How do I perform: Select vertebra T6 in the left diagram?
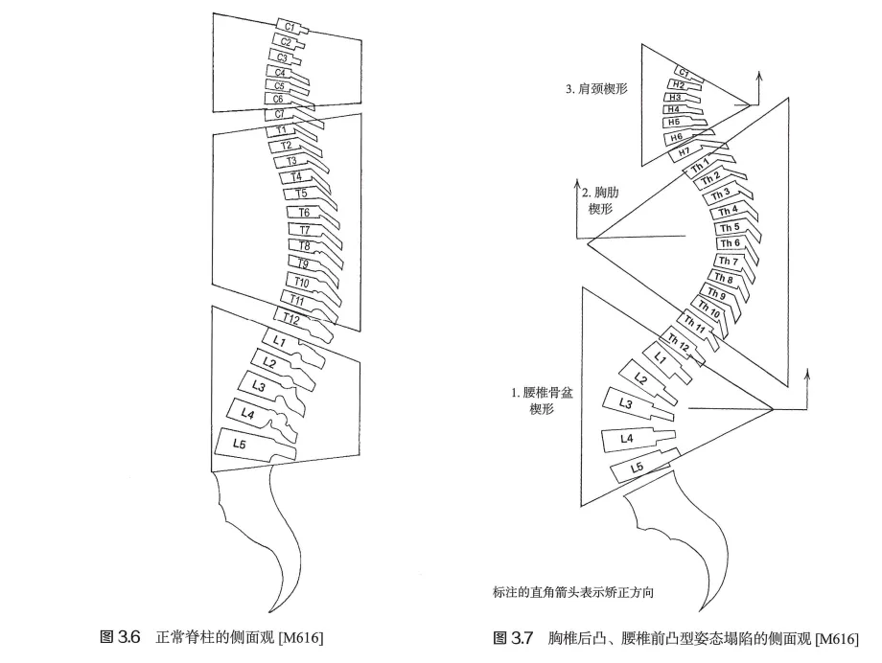[303, 212]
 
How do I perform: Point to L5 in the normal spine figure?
[240, 443]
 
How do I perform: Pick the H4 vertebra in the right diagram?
[675, 110]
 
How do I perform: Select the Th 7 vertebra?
[729, 262]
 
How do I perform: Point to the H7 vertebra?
[683, 151]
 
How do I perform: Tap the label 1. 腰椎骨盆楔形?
[542, 400]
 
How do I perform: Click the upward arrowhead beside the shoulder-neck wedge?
[759, 74]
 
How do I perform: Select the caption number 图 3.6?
[121, 637]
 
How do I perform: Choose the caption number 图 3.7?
[512, 637]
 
